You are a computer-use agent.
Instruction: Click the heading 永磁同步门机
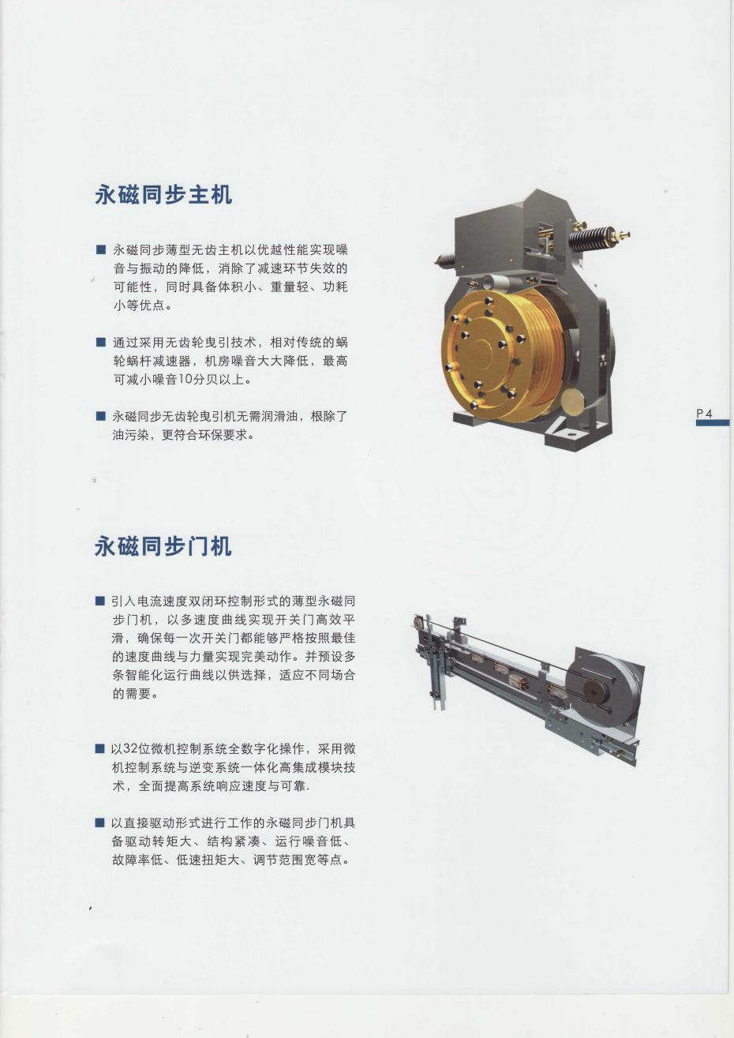point(163,546)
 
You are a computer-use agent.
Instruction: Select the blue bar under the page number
point(713,422)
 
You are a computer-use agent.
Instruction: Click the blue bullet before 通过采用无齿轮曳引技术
point(100,343)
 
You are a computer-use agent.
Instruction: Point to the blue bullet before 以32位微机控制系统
point(99,748)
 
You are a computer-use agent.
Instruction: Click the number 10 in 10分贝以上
point(185,379)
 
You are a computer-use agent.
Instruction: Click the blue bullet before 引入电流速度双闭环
point(99,601)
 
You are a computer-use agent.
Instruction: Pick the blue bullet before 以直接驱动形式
point(99,823)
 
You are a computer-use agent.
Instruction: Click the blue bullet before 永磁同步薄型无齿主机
point(100,249)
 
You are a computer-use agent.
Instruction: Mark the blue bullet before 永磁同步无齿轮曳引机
point(100,416)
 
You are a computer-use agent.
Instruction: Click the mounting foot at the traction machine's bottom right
point(574,436)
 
